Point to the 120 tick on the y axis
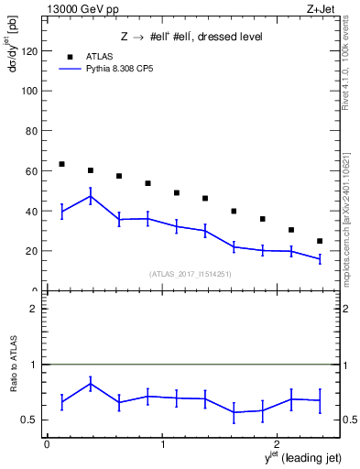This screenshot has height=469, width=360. pyautogui.click(x=32, y=51)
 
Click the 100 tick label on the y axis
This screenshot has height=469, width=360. pyautogui.click(x=32, y=92)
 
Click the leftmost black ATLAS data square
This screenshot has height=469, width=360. pyautogui.click(x=61, y=164)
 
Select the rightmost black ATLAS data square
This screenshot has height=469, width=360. pyautogui.click(x=320, y=241)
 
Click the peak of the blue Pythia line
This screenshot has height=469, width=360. pyautogui.click(x=91, y=196)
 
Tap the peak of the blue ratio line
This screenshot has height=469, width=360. pyautogui.click(x=91, y=383)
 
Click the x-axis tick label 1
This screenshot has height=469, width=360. pyautogui.click(x=163, y=444)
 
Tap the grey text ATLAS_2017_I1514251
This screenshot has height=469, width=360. pyautogui.click(x=191, y=274)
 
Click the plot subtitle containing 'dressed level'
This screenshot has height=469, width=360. pyautogui.click(x=191, y=37)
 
